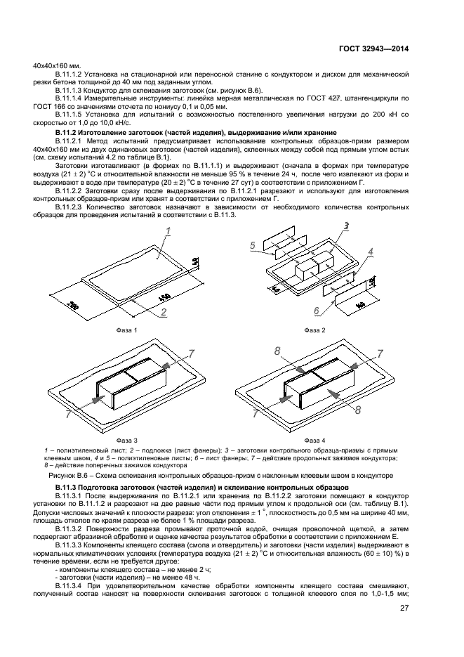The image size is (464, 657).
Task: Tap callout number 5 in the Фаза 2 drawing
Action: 251,245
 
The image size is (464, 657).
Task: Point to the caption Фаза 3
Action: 127,438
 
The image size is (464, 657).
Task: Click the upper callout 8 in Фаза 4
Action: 278,350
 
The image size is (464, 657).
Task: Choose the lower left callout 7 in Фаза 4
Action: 256,415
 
